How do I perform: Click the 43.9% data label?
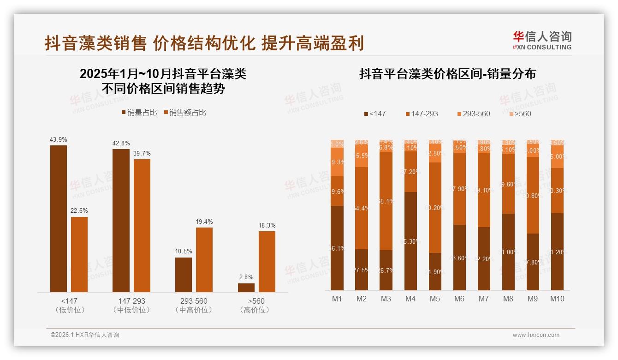(59, 139)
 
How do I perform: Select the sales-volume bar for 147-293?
(121, 220)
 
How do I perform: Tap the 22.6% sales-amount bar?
(79, 254)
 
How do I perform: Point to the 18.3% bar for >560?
(267, 261)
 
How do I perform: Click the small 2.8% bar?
(246, 288)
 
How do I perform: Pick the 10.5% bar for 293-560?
(184, 275)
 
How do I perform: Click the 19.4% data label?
(204, 222)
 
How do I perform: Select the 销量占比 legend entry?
(139, 113)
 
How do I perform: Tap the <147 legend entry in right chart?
(374, 114)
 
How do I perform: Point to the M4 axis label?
(410, 299)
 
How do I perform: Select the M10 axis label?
(557, 299)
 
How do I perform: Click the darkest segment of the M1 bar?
(337, 248)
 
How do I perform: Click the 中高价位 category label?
(194, 310)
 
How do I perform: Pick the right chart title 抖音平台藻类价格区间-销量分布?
(447, 74)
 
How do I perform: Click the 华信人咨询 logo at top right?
(542, 40)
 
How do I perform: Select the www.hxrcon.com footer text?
(536, 335)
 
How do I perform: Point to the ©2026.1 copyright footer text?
(84, 335)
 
